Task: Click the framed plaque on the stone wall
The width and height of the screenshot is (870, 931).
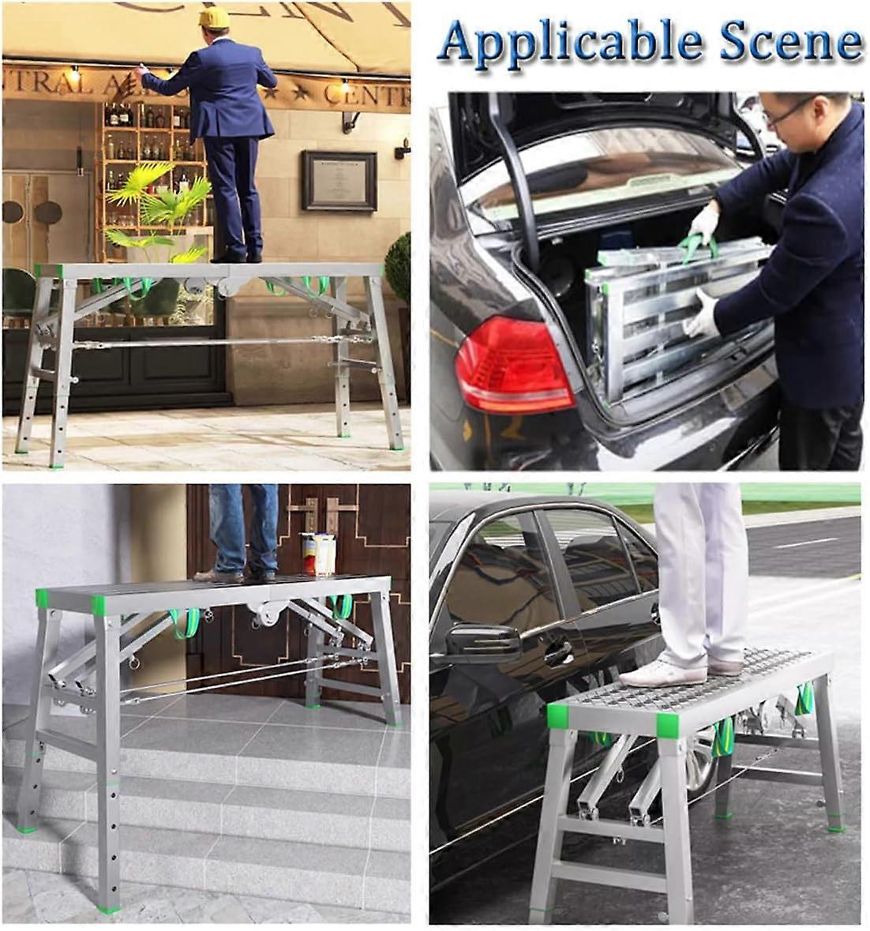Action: click(x=339, y=180)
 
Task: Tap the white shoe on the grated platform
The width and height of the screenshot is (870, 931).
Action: click(x=663, y=674)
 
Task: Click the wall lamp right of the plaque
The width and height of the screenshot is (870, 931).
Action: click(x=403, y=148)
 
